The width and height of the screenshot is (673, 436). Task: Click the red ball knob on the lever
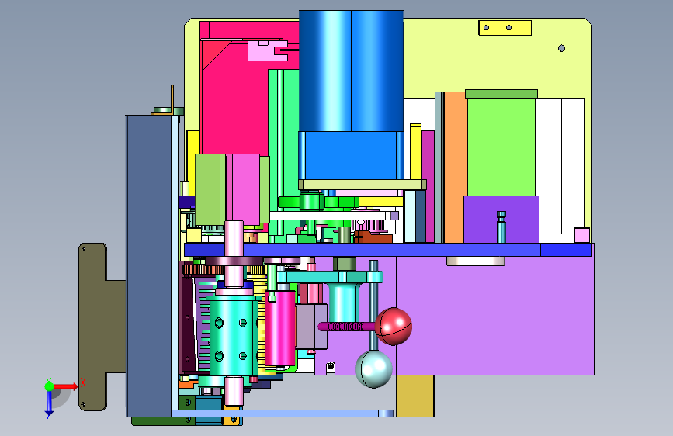[x=394, y=327]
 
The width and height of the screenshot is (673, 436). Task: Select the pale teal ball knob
[x=373, y=369]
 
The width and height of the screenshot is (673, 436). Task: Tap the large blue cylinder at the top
[x=351, y=71]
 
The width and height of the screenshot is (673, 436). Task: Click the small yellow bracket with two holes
[x=505, y=28]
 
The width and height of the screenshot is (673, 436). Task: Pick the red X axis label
[x=83, y=382]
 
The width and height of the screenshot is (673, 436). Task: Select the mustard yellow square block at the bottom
[x=415, y=396]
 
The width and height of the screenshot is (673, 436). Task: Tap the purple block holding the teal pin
[x=501, y=220]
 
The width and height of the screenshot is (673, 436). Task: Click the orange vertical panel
[x=456, y=168]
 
